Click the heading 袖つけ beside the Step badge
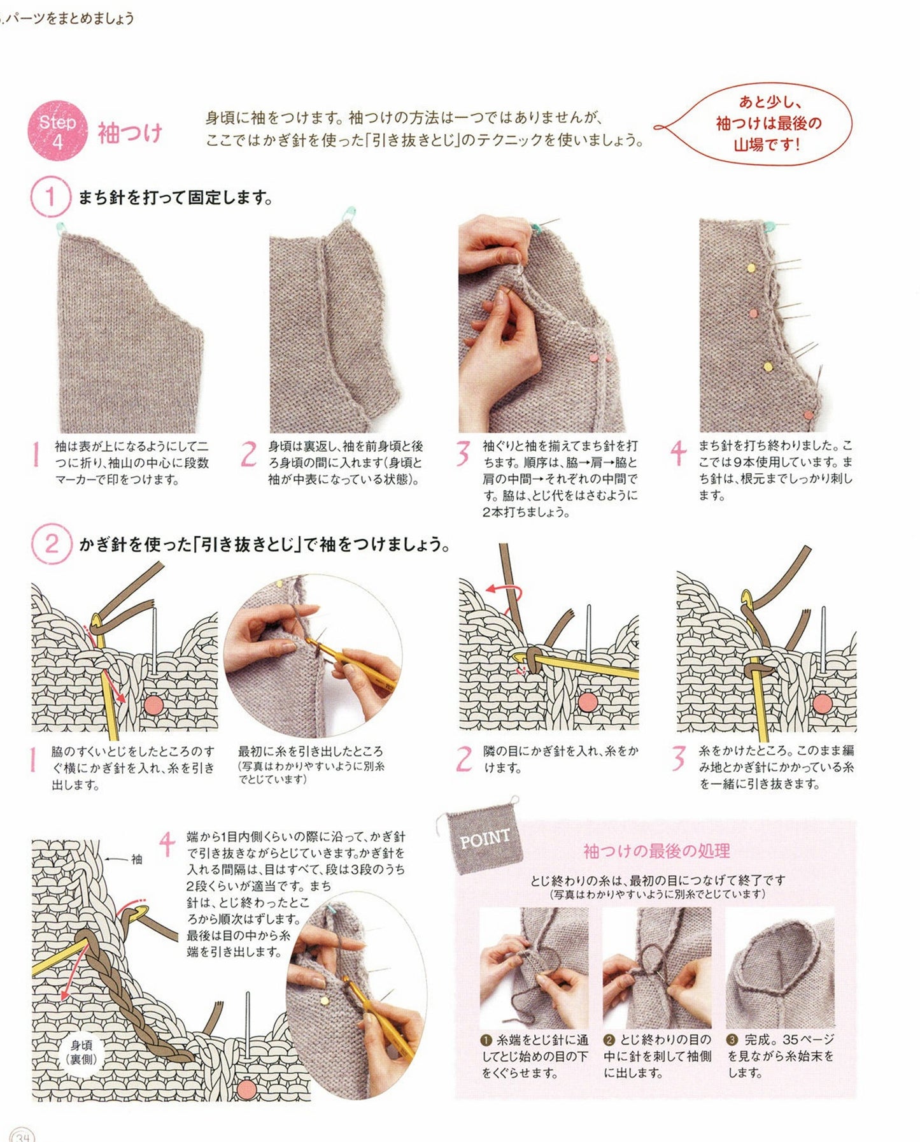130,133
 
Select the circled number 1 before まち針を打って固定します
50,197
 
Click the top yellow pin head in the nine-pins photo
753,267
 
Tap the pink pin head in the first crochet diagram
154,704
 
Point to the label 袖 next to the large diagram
136,859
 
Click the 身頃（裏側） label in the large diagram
81,1052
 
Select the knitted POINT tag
485,836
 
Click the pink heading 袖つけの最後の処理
656,851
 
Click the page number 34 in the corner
22,1136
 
